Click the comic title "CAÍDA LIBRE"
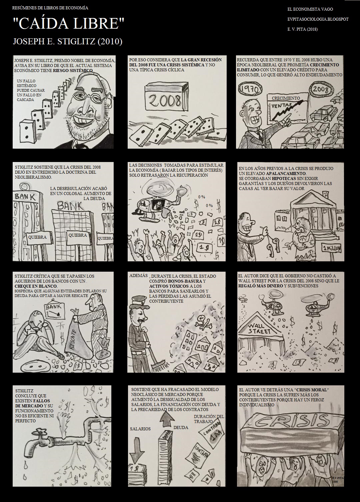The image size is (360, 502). tap(69, 24)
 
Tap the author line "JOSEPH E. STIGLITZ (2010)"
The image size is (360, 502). tap(67, 42)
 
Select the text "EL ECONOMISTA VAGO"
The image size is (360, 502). tap(310, 9)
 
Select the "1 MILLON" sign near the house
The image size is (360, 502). tap(333, 248)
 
